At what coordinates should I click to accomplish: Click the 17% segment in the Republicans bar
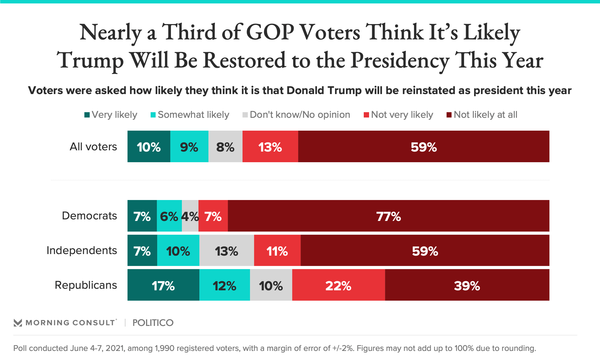[163, 285]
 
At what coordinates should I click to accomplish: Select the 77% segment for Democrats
[388, 216]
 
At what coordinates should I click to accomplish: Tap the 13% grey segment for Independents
[227, 251]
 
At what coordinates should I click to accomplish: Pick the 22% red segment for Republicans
[338, 285]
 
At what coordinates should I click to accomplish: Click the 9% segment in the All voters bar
[189, 147]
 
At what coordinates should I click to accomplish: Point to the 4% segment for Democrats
[190, 216]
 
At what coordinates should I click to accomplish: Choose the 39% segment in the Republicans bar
[467, 285]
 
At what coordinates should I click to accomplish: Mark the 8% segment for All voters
[225, 147]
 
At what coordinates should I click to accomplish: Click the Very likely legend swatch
[87, 115]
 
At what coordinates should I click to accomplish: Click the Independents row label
[82, 250]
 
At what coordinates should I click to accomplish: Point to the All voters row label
[93, 147]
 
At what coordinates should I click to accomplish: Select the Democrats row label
[89, 216]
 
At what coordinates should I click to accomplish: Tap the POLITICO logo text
[153, 323]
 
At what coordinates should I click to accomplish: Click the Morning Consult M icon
[18, 323]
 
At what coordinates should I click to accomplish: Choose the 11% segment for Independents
[277, 251]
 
